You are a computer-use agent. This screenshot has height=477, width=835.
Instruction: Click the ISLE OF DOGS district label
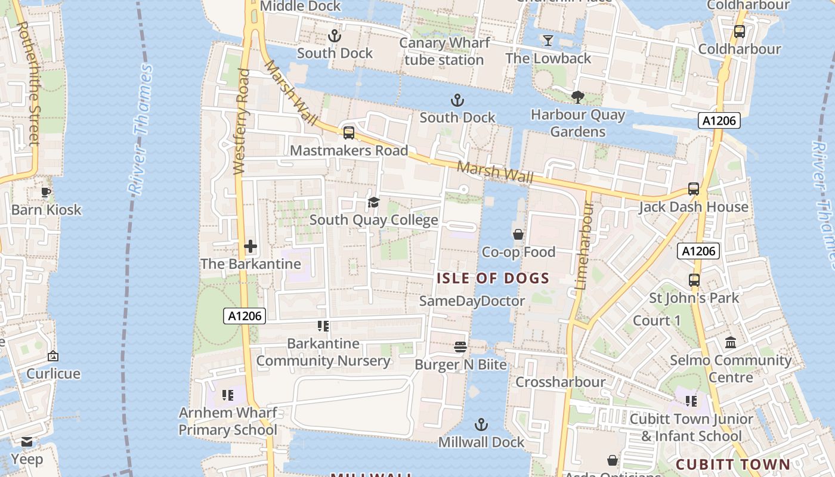[x=493, y=278]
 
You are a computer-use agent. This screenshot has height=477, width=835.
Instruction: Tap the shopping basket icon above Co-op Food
[x=518, y=234]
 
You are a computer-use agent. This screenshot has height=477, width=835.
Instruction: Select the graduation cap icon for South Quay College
[x=373, y=203]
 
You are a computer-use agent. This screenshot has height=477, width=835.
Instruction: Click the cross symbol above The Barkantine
[x=250, y=246]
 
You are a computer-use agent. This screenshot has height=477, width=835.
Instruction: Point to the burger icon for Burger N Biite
[x=460, y=347]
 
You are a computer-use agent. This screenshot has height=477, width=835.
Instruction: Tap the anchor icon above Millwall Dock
[x=481, y=425]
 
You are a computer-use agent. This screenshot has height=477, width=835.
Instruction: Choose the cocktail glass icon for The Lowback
[x=548, y=41]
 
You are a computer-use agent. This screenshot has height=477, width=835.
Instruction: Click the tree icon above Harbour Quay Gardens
[x=577, y=97]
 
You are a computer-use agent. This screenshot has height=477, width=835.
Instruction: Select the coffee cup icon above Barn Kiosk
[x=46, y=192]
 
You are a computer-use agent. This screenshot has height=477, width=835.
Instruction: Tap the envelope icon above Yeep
[x=27, y=442]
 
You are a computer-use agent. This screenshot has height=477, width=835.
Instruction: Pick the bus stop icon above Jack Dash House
[x=693, y=189]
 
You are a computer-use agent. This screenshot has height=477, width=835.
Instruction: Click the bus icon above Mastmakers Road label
[x=348, y=132]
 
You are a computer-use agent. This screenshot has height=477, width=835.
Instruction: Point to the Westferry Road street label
[x=242, y=122]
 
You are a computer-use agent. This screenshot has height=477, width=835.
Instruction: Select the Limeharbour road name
[x=583, y=246]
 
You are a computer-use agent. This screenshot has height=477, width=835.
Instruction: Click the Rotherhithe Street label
[x=29, y=83]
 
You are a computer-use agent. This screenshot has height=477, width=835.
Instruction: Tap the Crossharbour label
[x=560, y=382]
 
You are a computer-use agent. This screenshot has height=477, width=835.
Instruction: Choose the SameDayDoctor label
[x=472, y=301]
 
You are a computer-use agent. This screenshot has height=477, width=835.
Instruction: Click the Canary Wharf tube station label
[x=444, y=51]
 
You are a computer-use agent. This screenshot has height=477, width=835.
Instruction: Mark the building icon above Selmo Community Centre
[x=731, y=343]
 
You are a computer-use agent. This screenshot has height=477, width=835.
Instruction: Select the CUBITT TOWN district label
[x=733, y=464]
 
